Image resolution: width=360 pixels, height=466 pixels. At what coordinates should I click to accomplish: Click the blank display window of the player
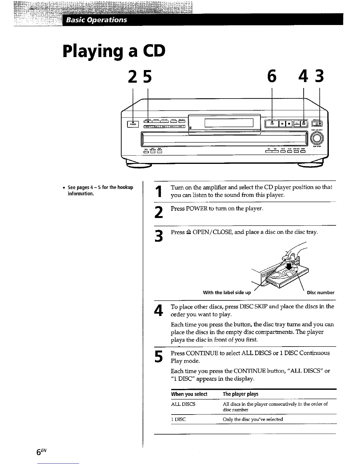tap(229, 122)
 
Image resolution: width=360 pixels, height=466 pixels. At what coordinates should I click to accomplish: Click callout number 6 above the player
tap(272, 76)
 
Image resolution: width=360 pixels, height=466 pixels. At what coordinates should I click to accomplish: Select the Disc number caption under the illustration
tap(320, 293)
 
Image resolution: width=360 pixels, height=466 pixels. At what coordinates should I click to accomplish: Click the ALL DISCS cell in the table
tap(183, 404)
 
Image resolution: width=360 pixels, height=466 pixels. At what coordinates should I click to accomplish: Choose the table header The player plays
tap(240, 394)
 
